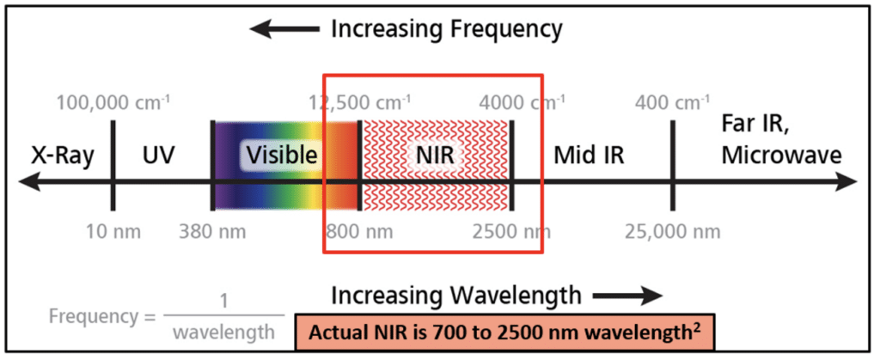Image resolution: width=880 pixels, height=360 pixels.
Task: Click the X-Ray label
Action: tap(62, 156)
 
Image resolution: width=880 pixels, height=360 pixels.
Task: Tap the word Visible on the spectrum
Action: tap(282, 155)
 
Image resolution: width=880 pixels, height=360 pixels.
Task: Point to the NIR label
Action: tap(436, 156)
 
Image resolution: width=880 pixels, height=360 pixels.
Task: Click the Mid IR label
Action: tap(589, 156)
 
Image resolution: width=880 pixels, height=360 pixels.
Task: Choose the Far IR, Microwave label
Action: tap(781, 144)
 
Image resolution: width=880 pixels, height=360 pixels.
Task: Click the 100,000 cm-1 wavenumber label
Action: tap(113, 102)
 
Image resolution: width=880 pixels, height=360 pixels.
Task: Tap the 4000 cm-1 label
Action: tap(522, 102)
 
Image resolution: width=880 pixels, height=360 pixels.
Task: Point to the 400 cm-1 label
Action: tap(671, 102)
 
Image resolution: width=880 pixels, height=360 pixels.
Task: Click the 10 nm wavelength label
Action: tap(113, 231)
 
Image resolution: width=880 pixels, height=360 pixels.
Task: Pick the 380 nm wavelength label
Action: tap(212, 231)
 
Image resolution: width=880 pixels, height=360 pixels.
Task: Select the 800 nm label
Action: tap(359, 231)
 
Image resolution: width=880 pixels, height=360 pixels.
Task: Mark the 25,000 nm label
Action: tap(673, 231)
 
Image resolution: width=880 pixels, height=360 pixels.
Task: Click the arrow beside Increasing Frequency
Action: tap(284, 29)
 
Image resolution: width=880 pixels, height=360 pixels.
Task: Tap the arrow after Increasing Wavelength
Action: tap(628, 295)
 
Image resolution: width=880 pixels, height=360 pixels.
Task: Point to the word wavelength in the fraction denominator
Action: tap(224, 333)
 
